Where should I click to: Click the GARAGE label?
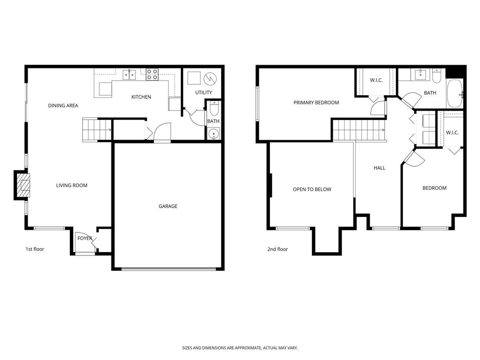(168, 206)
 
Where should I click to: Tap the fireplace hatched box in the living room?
(23, 185)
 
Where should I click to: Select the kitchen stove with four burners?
(152, 75)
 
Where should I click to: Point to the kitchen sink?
(129, 75)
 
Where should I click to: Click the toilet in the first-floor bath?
(214, 109)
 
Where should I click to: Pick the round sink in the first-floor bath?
(213, 134)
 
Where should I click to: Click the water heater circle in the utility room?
(210, 79)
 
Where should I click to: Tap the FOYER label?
(84, 238)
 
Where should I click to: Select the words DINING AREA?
(63, 105)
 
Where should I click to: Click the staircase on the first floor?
(97, 130)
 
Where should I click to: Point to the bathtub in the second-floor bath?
(455, 93)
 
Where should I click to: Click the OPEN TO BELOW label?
(312, 189)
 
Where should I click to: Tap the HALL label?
(379, 168)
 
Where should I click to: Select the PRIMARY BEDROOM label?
(316, 103)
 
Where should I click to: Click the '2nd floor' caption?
(277, 249)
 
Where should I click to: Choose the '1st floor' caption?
(35, 249)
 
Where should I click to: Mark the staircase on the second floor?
(359, 130)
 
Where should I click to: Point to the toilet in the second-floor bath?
(436, 75)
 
